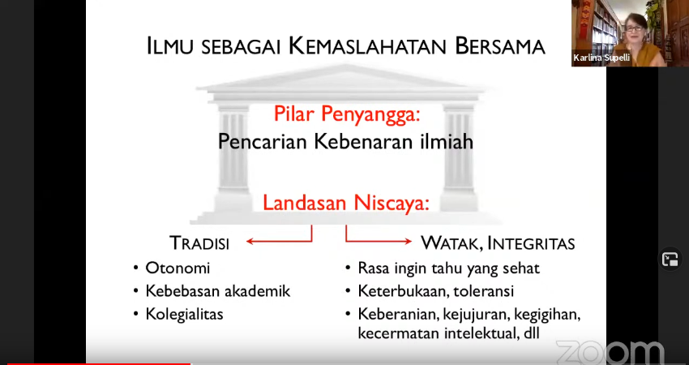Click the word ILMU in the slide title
tap(169, 46)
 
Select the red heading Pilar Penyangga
tap(347, 114)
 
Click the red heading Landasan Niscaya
tap(346, 203)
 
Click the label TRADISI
tap(199, 243)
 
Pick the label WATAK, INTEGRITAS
tap(498, 243)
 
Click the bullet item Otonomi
tap(178, 268)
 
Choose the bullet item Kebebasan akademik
tap(218, 290)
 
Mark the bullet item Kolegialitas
tap(185, 314)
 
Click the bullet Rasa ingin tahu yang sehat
tap(448, 268)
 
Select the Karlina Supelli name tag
tap(601, 58)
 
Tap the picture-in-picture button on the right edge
tap(670, 260)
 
